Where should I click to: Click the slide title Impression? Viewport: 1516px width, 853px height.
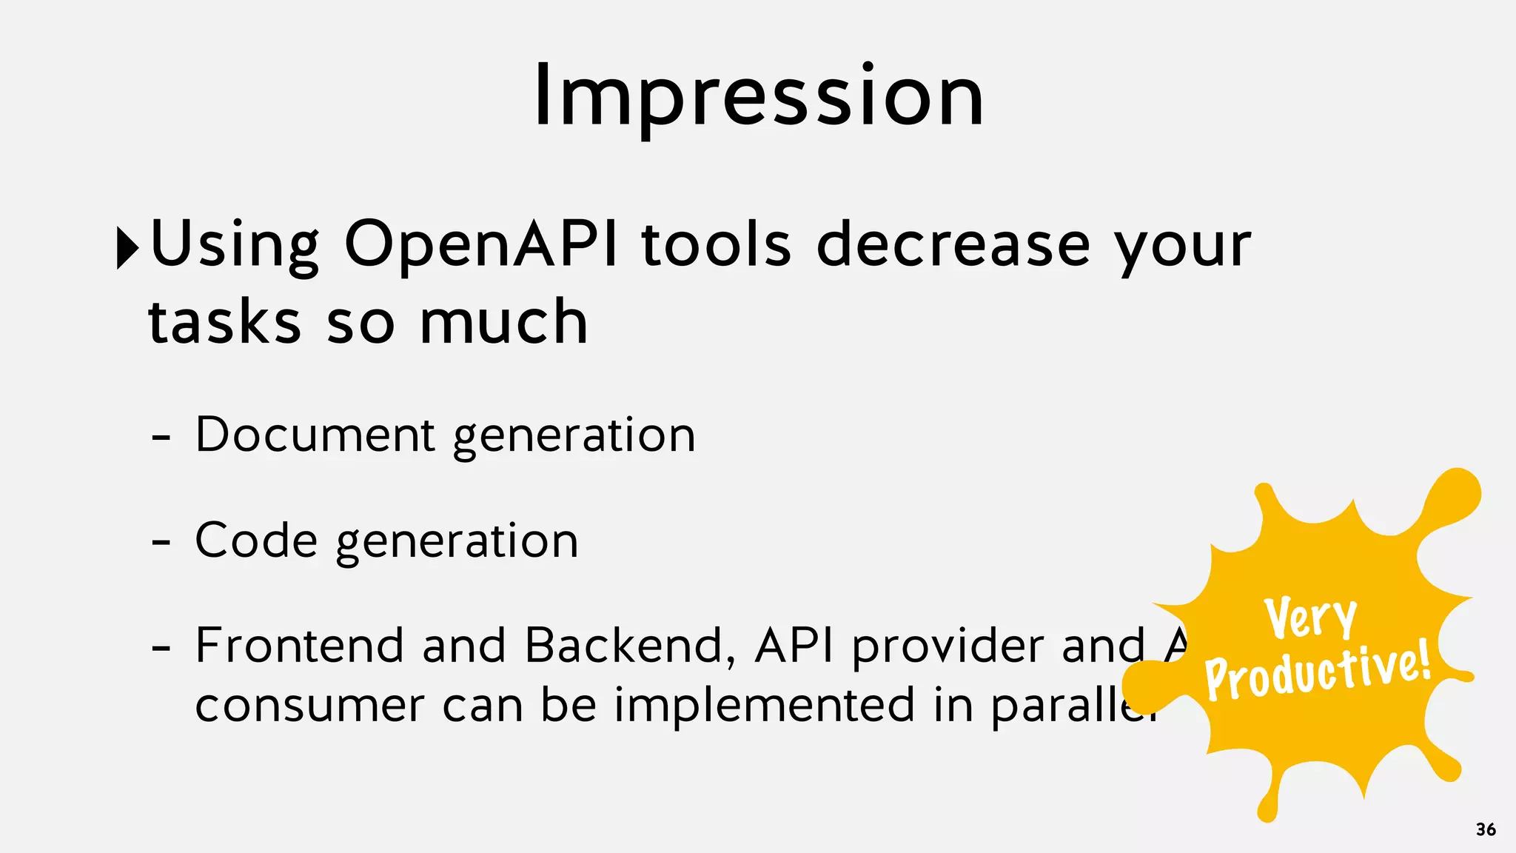[x=758, y=96]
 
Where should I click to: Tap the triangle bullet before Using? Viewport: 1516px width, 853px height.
[x=127, y=248]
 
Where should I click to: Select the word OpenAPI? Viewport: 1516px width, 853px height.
[x=481, y=244]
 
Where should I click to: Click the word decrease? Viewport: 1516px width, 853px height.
[x=953, y=244]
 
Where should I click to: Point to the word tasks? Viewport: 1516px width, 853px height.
[x=224, y=323]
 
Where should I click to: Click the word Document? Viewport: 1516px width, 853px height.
[x=315, y=435]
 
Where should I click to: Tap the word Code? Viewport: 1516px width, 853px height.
[x=256, y=540]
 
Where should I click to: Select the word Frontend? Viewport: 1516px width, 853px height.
[x=299, y=645]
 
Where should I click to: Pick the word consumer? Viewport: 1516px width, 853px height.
[x=309, y=706]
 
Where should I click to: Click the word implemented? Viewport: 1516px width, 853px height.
[x=765, y=706]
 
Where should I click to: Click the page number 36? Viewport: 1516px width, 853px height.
[x=1485, y=829]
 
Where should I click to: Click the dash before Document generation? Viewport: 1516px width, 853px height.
[x=161, y=438]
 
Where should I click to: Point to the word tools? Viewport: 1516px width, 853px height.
[x=717, y=244]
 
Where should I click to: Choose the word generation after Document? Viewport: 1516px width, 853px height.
[x=574, y=436]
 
